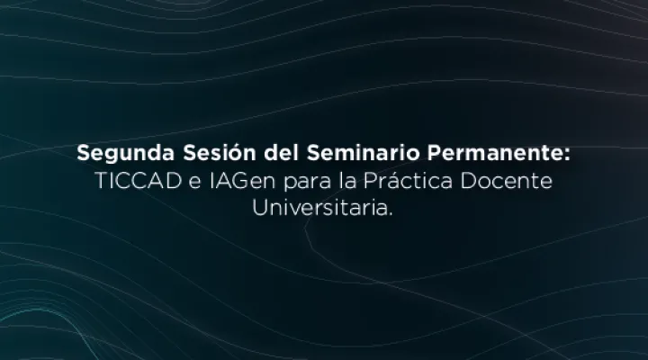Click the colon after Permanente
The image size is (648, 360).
567,154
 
